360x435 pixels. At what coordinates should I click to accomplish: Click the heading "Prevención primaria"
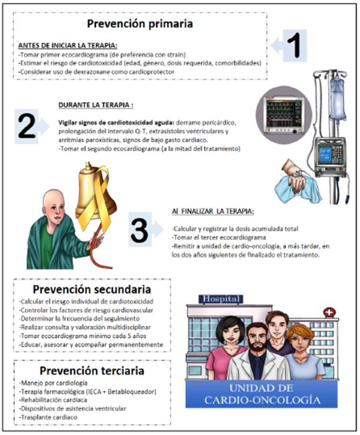(x=140, y=24)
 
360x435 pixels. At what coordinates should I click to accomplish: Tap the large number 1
(x=294, y=45)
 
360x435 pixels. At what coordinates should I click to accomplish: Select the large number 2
(x=26, y=127)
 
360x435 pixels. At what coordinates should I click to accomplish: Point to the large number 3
(x=139, y=230)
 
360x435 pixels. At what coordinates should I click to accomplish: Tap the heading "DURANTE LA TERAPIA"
(x=96, y=105)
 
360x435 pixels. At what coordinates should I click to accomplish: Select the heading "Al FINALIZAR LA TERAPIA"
(x=213, y=212)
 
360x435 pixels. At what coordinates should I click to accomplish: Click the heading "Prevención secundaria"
(x=92, y=289)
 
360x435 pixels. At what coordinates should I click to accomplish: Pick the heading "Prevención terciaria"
(x=92, y=370)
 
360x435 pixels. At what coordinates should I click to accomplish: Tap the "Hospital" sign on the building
(x=221, y=299)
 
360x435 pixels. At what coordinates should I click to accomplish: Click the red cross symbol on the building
(x=329, y=312)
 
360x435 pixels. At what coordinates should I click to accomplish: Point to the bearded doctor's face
(x=257, y=340)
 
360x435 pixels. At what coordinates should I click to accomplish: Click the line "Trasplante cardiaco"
(x=48, y=417)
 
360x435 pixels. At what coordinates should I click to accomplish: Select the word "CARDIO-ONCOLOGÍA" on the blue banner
(x=263, y=400)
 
